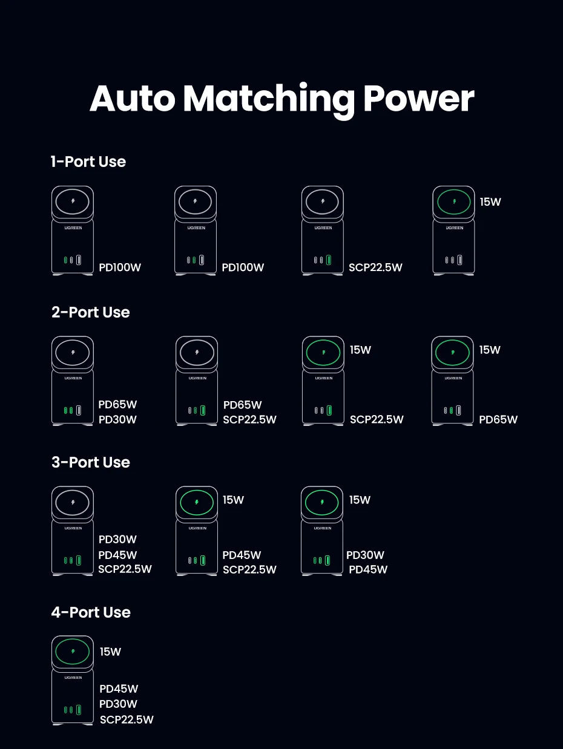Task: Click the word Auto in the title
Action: [131, 99]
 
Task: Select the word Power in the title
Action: [418, 99]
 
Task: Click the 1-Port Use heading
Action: [88, 162]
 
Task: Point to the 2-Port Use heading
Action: [91, 312]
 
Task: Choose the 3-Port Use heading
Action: [91, 462]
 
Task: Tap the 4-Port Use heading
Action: [91, 612]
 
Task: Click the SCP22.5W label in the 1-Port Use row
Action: [375, 267]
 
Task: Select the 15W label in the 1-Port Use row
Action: [490, 202]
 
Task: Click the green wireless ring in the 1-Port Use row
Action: [454, 201]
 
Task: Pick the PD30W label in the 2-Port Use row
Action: [117, 420]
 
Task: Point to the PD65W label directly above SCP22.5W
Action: [243, 405]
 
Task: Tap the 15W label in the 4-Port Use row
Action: [110, 652]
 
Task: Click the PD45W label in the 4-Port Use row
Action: [119, 688]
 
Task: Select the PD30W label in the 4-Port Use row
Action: [118, 704]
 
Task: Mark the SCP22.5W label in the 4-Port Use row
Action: [127, 719]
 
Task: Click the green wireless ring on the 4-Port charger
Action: [73, 652]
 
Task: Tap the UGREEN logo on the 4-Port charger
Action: [73, 678]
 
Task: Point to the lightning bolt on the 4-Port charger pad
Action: [73, 652]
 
